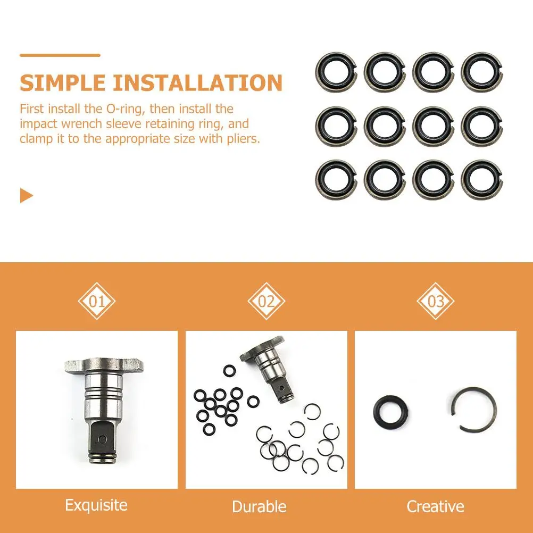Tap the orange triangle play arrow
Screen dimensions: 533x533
coord(26,195)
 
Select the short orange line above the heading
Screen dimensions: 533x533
coord(60,55)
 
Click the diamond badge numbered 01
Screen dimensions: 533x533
coord(97,301)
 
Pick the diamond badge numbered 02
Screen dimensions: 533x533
coord(266,301)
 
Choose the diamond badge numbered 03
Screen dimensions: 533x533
coord(436,301)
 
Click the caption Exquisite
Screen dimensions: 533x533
coord(96,505)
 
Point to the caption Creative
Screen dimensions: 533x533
coord(435,506)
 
